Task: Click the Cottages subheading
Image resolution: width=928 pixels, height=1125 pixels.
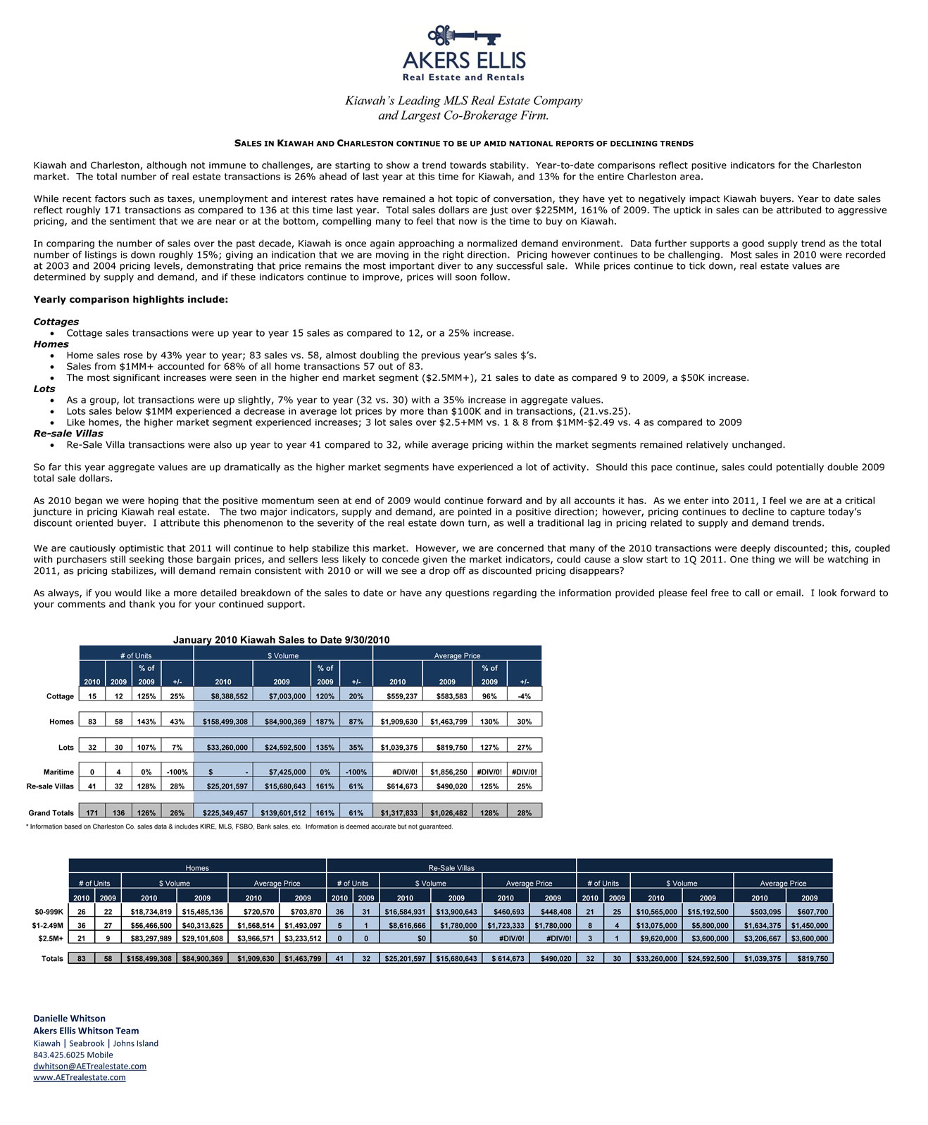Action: [56, 322]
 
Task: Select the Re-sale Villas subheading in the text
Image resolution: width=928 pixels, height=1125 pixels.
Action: [68, 434]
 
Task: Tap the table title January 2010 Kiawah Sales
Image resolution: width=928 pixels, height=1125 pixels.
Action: [281, 640]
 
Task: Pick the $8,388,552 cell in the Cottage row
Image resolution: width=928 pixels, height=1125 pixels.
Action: [223, 696]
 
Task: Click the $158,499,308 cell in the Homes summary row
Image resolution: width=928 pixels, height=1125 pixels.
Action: [223, 722]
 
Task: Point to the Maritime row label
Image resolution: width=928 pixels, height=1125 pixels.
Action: [59, 772]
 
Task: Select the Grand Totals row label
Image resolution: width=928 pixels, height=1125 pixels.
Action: [51, 813]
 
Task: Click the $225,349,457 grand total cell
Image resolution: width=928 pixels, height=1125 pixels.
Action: [223, 813]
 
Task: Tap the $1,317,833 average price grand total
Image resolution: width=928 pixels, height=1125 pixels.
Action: [397, 813]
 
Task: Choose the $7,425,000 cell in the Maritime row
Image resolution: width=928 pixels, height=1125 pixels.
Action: [282, 772]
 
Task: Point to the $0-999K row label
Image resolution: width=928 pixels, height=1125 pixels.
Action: [48, 912]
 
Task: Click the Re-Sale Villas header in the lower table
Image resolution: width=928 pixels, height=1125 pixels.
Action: [451, 868]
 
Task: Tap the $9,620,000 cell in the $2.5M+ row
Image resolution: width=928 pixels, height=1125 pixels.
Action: [656, 938]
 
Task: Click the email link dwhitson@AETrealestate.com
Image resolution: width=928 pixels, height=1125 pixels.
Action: [89, 1066]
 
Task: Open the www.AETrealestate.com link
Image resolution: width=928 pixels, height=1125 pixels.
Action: [79, 1077]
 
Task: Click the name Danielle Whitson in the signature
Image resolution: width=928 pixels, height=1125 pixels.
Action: [69, 1018]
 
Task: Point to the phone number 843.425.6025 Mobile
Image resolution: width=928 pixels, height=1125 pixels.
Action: [73, 1055]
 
